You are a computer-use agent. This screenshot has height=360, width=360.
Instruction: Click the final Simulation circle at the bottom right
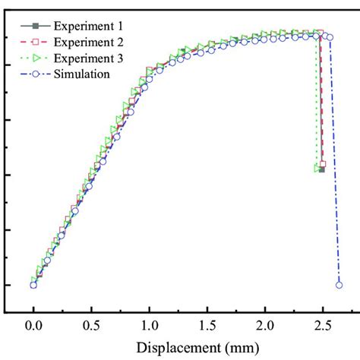[x=339, y=285]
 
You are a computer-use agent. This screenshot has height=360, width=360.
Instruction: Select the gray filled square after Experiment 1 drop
[x=322, y=169]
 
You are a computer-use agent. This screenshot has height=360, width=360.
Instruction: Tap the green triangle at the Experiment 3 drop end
[x=317, y=169]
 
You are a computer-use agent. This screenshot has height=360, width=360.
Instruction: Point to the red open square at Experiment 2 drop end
[x=323, y=163]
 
